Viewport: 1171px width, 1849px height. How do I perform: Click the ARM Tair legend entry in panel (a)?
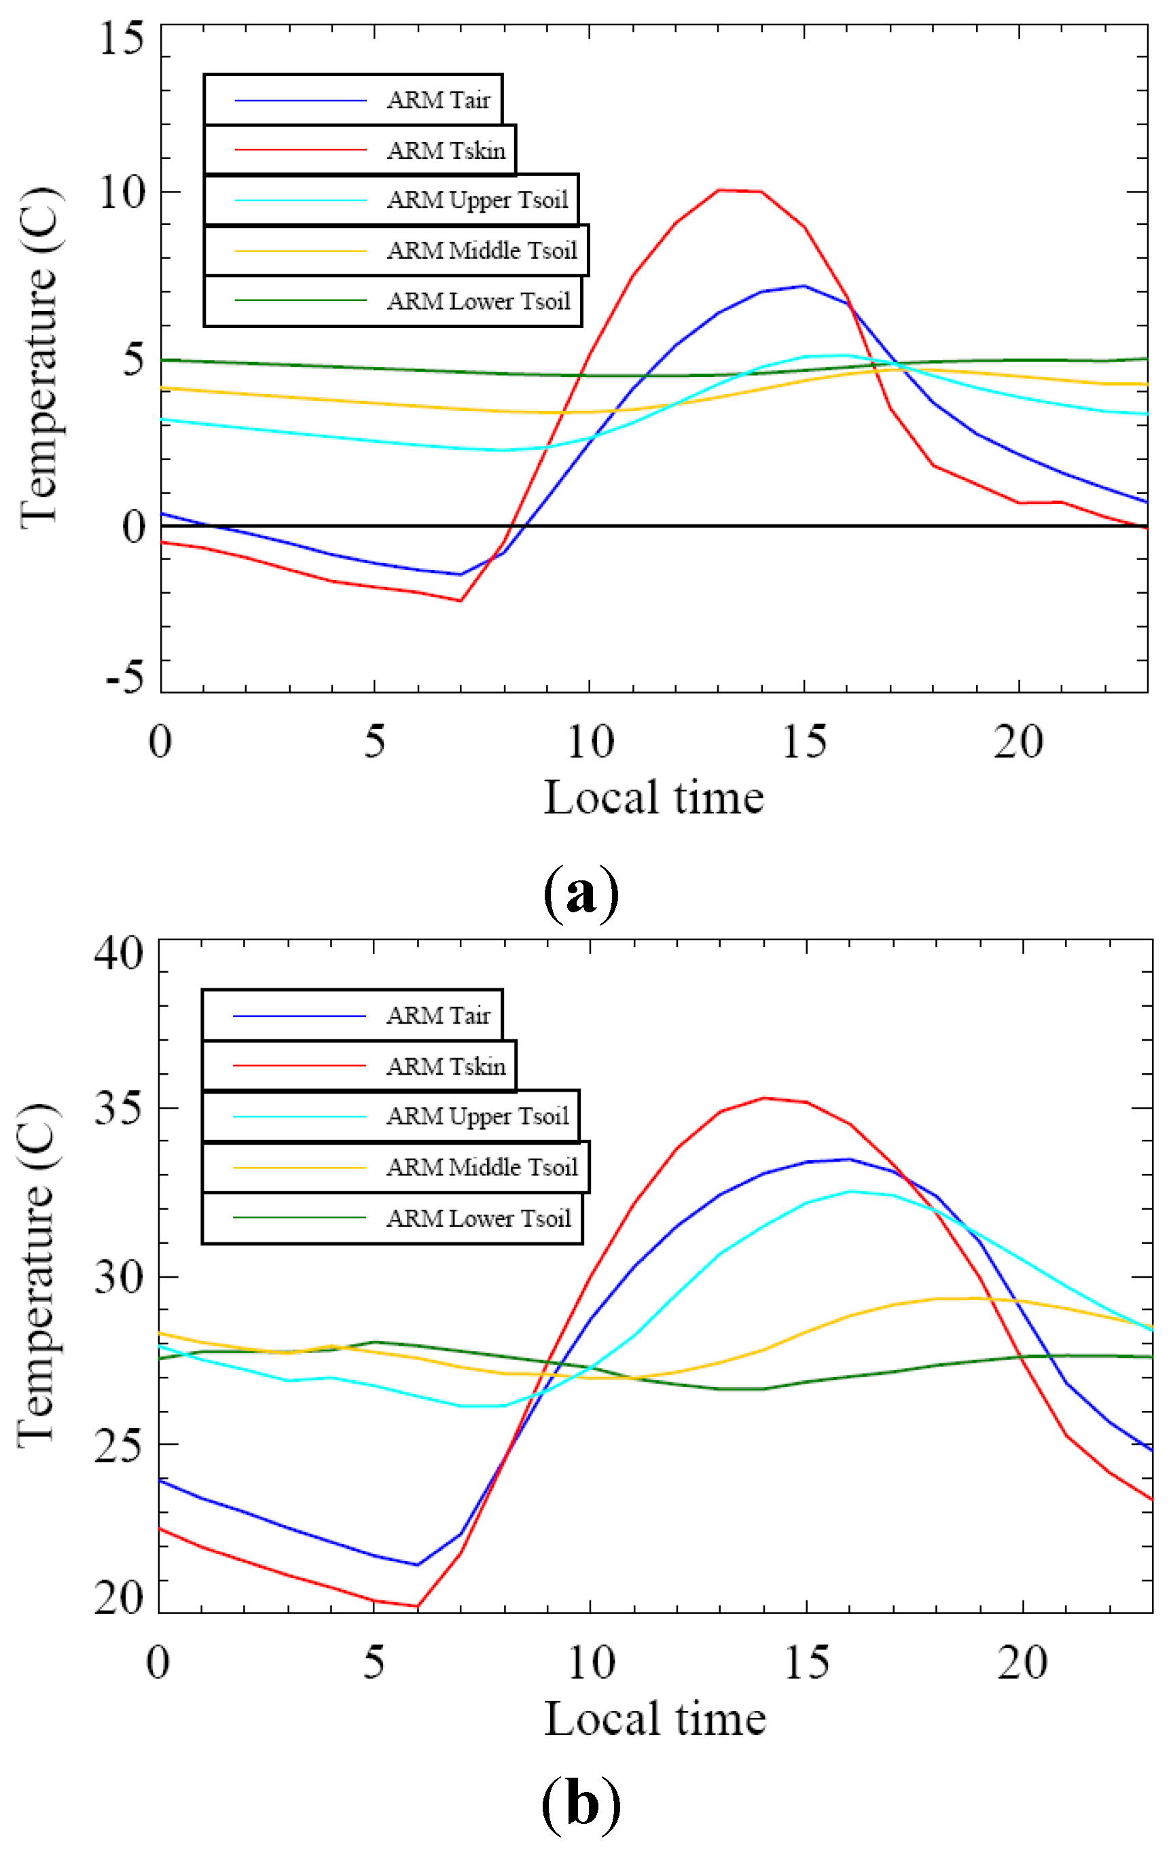pyautogui.click(x=437, y=101)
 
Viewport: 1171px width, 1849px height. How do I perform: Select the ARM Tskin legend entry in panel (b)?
pyautogui.click(x=446, y=1066)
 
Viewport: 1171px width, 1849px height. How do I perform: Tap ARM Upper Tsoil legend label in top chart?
pyautogui.click(x=477, y=200)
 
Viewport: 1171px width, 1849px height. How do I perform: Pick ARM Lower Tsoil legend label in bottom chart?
pyautogui.click(x=478, y=1219)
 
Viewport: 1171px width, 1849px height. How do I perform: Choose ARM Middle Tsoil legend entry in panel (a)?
pyautogui.click(x=482, y=251)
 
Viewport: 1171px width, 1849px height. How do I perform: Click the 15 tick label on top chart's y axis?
pyautogui.click(x=122, y=39)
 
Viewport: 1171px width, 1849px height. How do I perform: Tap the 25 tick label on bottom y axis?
pyautogui.click(x=119, y=1445)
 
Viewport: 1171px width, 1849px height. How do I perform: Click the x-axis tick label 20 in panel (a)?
pyautogui.click(x=1018, y=742)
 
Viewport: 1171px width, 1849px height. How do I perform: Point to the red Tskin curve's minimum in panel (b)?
pyautogui.click(x=417, y=1606)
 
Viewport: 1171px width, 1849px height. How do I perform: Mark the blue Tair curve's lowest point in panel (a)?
pyautogui.click(x=460, y=575)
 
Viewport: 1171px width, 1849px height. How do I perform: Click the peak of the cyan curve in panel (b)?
pyautogui.click(x=850, y=1191)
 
